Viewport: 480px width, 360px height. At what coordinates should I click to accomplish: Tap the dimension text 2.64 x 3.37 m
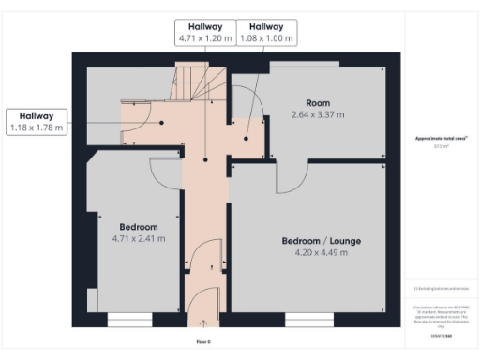[318, 114]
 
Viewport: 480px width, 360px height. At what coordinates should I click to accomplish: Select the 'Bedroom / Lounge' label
[321, 241]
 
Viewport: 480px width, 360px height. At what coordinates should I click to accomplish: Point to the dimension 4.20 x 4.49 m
[321, 253]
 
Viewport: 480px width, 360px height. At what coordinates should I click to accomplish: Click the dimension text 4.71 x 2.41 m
[138, 239]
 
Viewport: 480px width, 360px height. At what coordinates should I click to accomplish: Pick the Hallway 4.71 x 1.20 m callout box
[205, 33]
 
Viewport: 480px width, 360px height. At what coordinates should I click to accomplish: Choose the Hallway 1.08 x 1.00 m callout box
[266, 33]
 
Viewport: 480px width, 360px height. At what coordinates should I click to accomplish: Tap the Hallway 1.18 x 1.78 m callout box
[37, 121]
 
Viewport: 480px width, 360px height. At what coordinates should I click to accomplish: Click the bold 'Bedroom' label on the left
[138, 227]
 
